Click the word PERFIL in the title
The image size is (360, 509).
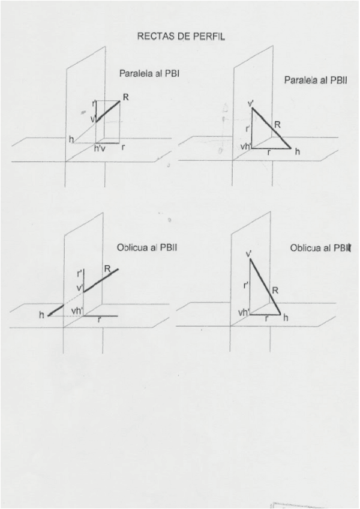tap(208, 36)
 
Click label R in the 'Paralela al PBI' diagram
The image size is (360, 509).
tap(126, 97)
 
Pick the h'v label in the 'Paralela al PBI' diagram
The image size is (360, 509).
tap(100, 148)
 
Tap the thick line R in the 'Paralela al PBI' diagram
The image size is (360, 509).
tap(108, 112)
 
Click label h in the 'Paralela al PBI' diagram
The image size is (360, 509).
tap(71, 140)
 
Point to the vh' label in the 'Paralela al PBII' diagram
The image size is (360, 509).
tap(245, 146)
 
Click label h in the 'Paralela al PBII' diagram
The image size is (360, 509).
tap(297, 152)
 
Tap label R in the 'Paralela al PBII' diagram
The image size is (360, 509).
tap(277, 125)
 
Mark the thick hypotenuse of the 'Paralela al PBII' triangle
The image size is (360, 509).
tap(271, 128)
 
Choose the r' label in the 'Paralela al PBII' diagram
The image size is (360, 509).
tap(247, 128)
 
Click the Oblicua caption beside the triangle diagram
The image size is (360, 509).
tap(307, 248)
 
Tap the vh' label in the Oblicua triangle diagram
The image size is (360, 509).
tap(243, 313)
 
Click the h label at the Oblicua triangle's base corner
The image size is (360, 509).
tap(286, 318)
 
